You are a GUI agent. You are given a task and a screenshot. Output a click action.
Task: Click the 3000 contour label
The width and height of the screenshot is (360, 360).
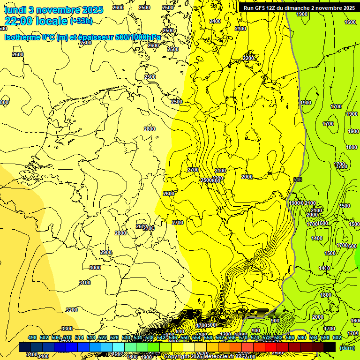[95, 268]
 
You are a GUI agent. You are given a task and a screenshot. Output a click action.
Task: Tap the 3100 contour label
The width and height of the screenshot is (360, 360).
[85, 283]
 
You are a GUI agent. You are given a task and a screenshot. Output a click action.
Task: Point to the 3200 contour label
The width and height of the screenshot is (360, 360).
[72, 310]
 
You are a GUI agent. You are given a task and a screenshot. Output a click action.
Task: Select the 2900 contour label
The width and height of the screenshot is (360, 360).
[106, 252]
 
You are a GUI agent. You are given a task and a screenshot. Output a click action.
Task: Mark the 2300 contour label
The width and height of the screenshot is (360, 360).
[240, 29]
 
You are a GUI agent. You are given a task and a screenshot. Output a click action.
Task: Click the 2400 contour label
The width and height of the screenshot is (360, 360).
[215, 21]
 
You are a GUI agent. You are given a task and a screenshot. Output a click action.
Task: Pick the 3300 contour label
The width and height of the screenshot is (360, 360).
[67, 329]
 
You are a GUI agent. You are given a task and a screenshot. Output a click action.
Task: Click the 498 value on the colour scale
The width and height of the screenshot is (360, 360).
[32, 337]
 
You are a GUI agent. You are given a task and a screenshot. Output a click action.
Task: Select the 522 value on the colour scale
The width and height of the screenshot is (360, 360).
[103, 337]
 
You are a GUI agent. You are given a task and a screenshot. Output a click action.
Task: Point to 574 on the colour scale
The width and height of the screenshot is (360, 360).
[255, 337]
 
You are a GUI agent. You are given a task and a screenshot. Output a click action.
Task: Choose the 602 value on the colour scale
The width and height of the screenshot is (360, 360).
[337, 337]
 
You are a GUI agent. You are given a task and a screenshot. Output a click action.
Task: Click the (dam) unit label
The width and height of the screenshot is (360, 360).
[347, 348]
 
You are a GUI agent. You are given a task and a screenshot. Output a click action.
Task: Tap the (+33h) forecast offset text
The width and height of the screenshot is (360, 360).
[82, 21]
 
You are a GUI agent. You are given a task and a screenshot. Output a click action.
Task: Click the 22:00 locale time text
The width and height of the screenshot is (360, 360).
[36, 21]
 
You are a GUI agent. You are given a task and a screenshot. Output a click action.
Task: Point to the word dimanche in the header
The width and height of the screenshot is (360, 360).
[305, 8]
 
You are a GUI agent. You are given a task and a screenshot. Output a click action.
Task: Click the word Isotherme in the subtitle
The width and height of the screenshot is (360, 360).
[22, 37]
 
